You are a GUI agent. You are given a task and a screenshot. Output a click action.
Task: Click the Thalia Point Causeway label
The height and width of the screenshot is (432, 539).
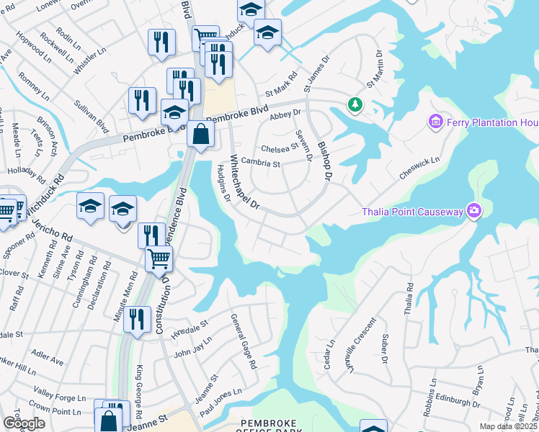point(412,211)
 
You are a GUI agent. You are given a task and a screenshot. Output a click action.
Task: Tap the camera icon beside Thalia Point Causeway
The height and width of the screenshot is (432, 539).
point(474,210)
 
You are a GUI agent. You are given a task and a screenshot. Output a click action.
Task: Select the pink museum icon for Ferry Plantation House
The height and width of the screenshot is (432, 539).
point(435,122)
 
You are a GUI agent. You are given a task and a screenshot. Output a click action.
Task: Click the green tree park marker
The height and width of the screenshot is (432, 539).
point(355,105)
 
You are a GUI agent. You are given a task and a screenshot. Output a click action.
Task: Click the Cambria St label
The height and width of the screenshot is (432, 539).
point(260,163)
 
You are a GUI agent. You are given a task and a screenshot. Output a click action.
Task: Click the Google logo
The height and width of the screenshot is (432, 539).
point(24,423)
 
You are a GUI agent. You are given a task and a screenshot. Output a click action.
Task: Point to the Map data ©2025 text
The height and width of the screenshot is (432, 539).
point(509,426)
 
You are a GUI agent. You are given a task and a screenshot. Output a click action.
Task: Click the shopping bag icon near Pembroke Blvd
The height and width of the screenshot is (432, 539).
point(200,133)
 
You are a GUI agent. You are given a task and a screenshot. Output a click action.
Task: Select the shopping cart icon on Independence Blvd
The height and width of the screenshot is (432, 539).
point(159,258)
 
